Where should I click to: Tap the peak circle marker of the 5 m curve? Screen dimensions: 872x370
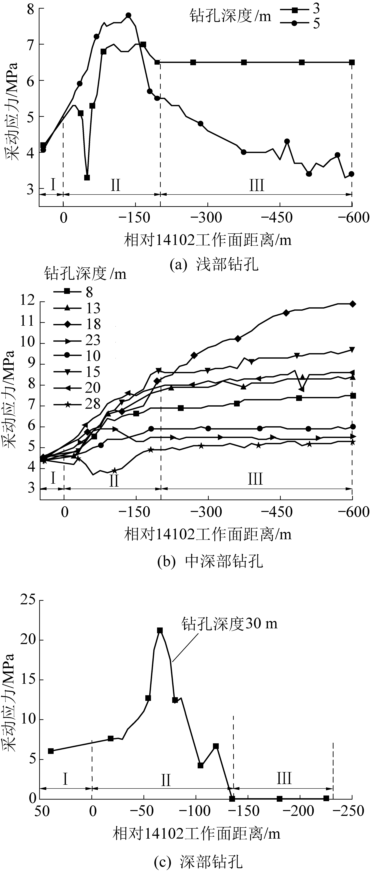[x=128, y=15]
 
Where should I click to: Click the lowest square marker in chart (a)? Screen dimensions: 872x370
[x=87, y=177]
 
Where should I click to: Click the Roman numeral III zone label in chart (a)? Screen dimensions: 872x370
[x=257, y=186]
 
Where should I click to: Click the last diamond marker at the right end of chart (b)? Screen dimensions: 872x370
[x=353, y=304]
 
